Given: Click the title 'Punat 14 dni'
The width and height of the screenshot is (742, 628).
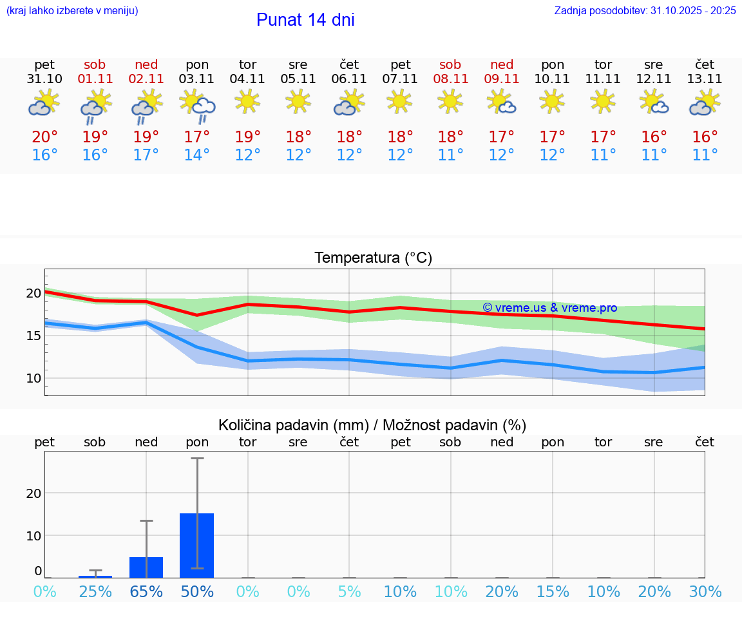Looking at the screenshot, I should (x=305, y=20).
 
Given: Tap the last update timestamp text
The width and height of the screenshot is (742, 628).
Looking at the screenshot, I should (x=645, y=10).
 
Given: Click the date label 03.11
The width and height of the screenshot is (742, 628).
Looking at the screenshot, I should (x=197, y=79).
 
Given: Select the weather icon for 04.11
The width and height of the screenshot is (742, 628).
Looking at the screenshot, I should (x=247, y=102).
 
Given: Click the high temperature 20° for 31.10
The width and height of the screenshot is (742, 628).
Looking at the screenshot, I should (x=44, y=137).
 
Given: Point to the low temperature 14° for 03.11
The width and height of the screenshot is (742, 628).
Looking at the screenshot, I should (x=197, y=155).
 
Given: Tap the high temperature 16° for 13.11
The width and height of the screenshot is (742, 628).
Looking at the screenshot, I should (x=705, y=137).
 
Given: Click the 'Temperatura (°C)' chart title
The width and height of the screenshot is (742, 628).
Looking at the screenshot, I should (x=373, y=258).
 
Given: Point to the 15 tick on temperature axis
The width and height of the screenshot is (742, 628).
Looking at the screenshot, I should (x=33, y=336).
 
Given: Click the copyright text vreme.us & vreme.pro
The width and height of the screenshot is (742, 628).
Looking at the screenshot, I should (x=549, y=308).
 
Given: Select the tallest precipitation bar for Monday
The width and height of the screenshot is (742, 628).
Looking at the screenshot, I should (x=197, y=545).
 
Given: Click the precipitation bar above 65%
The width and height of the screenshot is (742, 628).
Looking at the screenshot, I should (x=146, y=567).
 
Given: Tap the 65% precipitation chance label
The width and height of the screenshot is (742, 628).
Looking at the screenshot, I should (x=146, y=591).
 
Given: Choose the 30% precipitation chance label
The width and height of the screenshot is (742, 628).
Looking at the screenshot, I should (x=705, y=591).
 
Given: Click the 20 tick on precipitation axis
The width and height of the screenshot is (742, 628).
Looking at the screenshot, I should (x=33, y=493).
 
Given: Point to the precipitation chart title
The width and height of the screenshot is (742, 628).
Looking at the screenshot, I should (x=372, y=425).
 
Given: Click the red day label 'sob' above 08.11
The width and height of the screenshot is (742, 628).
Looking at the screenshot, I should (x=450, y=64).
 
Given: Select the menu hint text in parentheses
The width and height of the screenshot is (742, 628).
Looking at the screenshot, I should (x=72, y=10).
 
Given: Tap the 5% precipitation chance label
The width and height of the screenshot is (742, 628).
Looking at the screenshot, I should (x=349, y=591).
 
